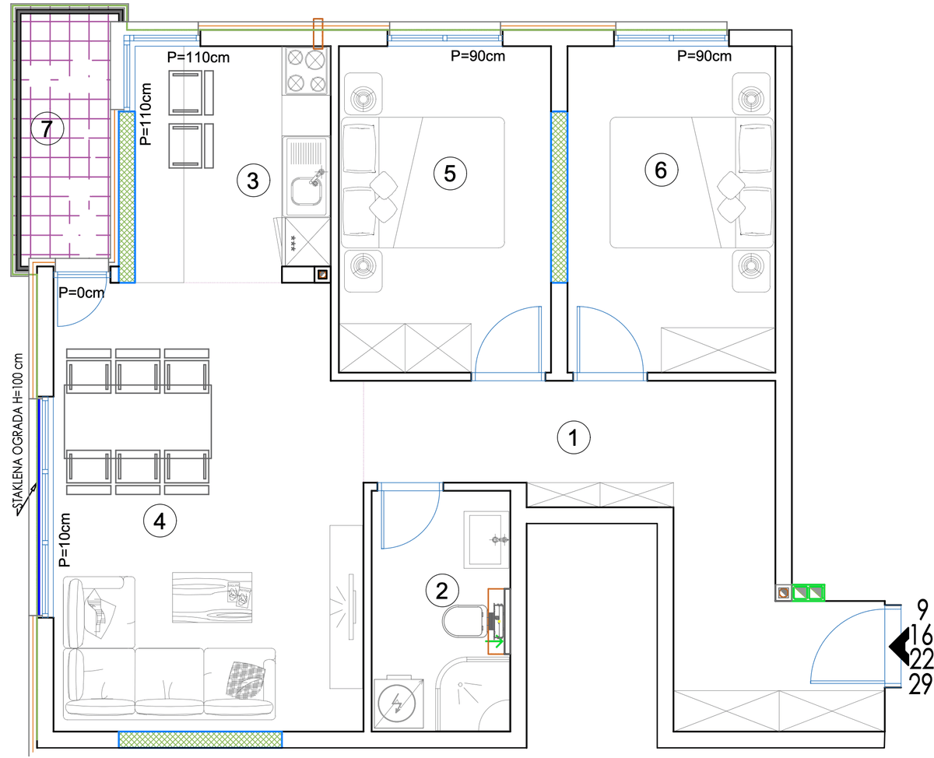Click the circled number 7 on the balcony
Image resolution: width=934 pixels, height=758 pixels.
(47, 129)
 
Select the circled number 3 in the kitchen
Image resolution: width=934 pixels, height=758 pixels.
(253, 181)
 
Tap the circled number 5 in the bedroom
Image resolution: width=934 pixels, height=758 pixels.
(450, 174)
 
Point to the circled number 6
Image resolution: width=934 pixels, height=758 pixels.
(662, 170)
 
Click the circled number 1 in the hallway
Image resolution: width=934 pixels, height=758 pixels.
(574, 437)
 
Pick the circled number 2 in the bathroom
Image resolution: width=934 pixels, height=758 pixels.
(442, 591)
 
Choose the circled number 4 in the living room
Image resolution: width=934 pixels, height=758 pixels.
(160, 521)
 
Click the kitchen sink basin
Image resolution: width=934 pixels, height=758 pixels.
(307, 191)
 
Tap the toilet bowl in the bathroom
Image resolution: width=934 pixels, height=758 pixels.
(465, 621)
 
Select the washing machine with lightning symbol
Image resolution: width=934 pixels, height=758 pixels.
(399, 704)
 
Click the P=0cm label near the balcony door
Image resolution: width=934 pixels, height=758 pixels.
(82, 293)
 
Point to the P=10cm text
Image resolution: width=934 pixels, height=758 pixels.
(64, 539)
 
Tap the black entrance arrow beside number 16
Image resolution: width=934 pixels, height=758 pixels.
(900, 646)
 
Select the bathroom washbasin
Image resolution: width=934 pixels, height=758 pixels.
(486, 539)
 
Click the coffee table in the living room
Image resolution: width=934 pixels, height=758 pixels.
(212, 597)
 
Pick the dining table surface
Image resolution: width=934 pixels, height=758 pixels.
(138, 422)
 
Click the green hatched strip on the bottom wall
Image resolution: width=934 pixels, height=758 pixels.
(200, 739)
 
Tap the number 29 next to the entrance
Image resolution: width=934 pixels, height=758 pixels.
(921, 684)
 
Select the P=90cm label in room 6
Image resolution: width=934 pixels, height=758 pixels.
(704, 56)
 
